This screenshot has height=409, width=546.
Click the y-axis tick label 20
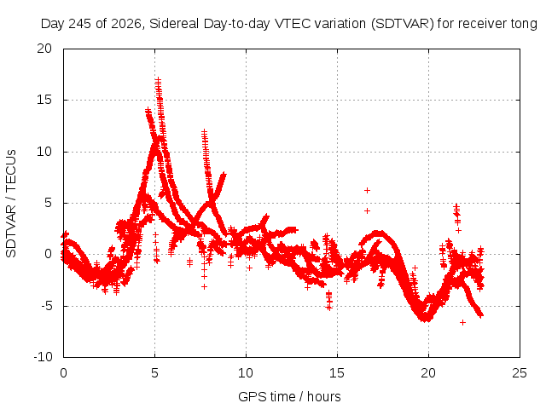point(44,49)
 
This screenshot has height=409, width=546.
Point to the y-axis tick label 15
point(44,100)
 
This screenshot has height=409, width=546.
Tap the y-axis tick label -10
point(43,357)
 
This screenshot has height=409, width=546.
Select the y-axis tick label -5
point(46,306)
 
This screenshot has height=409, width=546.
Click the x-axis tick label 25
point(520,373)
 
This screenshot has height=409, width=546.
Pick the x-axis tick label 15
point(337,373)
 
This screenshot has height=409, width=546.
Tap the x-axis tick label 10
point(246,373)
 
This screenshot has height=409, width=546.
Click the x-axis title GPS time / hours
point(289,396)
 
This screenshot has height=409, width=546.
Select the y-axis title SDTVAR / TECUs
point(11,204)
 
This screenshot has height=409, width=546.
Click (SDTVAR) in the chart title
point(402,24)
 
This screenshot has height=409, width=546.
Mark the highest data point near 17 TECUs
point(158,79)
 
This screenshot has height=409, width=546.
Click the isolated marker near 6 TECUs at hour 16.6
point(367,190)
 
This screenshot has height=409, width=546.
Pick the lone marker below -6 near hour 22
point(462,322)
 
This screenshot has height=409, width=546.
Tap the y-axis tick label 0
point(48,254)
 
